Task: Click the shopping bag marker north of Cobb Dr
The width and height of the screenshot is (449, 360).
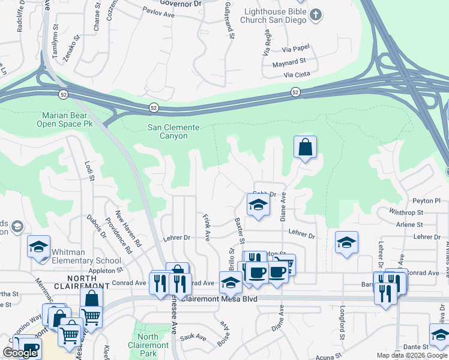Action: click(305, 146)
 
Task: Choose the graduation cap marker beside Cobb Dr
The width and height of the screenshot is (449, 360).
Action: click(258, 204)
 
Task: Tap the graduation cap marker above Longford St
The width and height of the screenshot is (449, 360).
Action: click(346, 242)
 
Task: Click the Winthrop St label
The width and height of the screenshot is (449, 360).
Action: click(406, 212)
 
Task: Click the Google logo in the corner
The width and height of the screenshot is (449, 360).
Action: click(20, 353)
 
